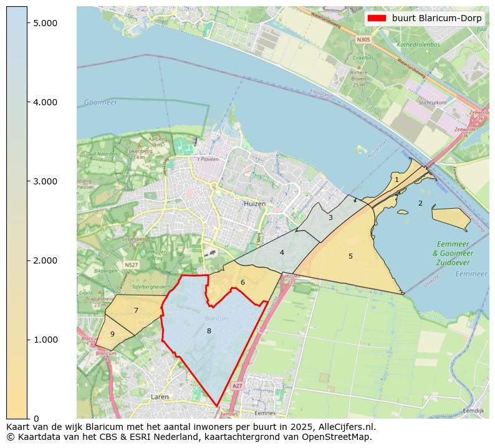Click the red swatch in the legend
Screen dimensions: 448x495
(378, 18)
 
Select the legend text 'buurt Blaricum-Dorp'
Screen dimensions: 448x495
(436, 18)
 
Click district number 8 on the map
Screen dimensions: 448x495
(209, 331)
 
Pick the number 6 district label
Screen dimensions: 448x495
(243, 282)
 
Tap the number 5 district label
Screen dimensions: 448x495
(350, 256)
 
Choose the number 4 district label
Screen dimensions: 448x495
(282, 252)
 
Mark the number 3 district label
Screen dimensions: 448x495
(330, 217)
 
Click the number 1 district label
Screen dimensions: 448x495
(396, 179)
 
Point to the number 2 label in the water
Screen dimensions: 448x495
(420, 203)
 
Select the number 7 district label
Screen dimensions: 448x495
(136, 310)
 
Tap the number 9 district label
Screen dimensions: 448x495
(112, 334)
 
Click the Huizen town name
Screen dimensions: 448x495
(254, 204)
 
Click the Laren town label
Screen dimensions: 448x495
(160, 396)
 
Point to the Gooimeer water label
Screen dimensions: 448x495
(100, 102)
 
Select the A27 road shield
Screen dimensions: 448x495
(237, 386)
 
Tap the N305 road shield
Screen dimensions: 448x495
(363, 39)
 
